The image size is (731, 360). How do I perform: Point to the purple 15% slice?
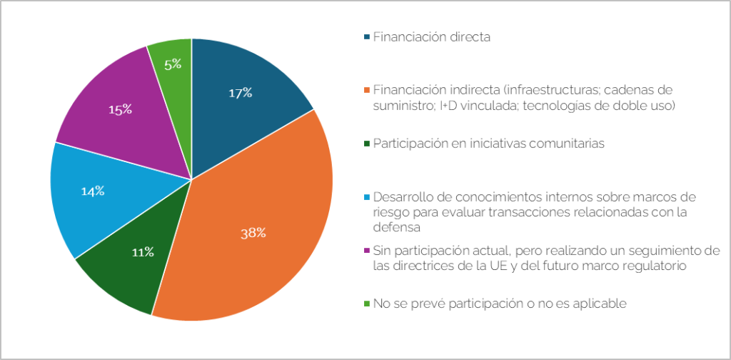pos(114,114)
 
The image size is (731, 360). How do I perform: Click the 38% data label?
pos(253,232)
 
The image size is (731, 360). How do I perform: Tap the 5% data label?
pos(173,64)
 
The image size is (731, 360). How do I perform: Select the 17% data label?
pos(240,92)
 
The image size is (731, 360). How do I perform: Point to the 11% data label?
pos(143,251)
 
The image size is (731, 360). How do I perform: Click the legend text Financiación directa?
pos(431,36)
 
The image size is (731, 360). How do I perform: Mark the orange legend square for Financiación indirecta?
pos(367,90)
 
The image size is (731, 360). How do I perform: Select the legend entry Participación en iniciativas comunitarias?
pos(488,144)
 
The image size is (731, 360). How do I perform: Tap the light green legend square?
pos(367,304)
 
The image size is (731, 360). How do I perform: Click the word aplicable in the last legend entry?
pos(601,304)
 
